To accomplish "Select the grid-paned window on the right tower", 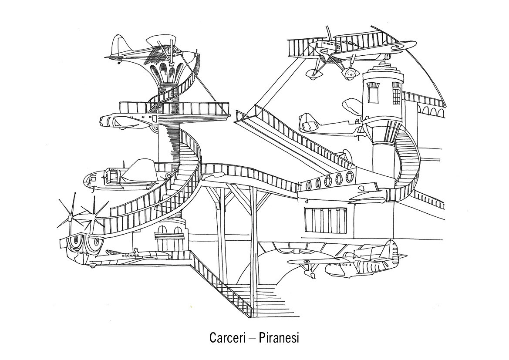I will point(396,93).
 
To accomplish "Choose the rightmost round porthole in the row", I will point(349,177).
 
